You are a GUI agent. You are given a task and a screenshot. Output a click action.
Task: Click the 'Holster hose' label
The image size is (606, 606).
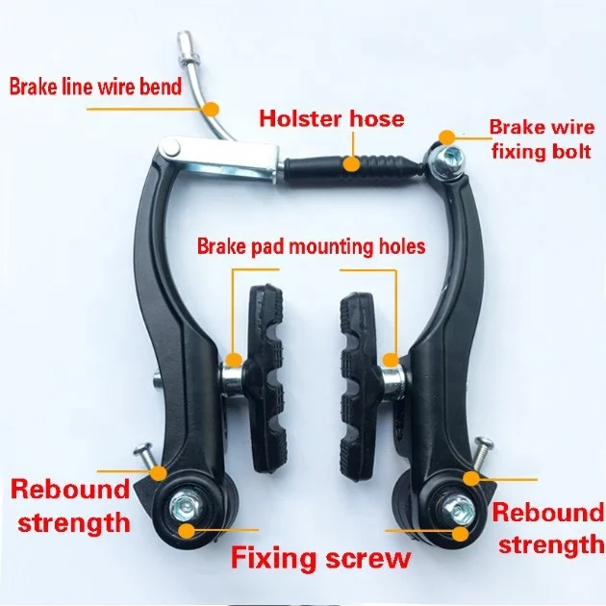pos(331,120)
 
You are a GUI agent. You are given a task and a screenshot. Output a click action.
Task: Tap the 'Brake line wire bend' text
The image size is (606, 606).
pos(95,88)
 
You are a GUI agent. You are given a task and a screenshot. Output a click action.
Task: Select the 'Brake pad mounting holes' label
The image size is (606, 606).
pos(311,247)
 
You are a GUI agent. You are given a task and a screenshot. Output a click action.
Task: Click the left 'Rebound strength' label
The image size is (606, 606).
pos(69,505)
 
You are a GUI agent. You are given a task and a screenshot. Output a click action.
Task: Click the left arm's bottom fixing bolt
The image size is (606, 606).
pos(185,503)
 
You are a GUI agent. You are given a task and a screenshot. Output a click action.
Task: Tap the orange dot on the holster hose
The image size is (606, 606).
pos(353,163)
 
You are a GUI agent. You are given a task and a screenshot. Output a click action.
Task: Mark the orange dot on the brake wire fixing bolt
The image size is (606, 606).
pos(444,139)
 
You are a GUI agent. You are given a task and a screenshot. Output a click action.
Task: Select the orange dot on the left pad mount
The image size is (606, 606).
pos(233,363)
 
